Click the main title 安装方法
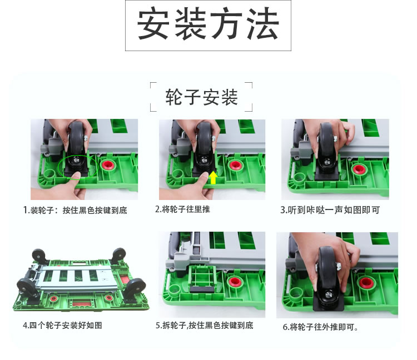click(x=208, y=24)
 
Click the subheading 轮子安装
click(x=201, y=97)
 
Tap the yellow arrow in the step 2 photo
click(x=214, y=177)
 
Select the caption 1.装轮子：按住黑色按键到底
click(x=75, y=210)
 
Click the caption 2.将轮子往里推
click(x=182, y=209)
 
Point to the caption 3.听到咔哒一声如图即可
click(x=330, y=210)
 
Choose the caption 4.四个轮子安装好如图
click(x=62, y=325)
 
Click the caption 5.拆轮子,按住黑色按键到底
click(x=204, y=325)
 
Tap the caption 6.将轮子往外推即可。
click(x=320, y=327)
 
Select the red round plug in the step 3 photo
click(x=358, y=169)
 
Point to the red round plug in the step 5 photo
click(x=234, y=282)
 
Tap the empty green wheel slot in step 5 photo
click(x=202, y=276)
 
